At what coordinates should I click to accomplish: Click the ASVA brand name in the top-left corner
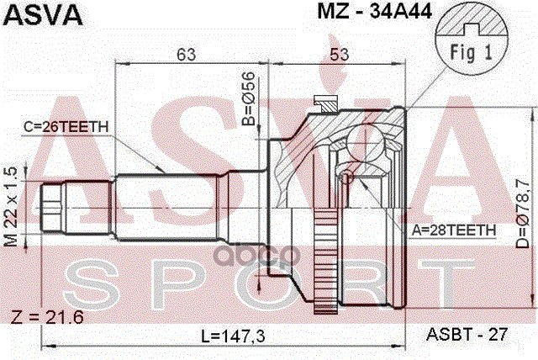[43, 14]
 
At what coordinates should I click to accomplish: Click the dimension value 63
[187, 56]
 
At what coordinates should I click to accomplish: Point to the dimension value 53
[339, 56]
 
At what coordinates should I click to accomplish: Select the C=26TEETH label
[66, 126]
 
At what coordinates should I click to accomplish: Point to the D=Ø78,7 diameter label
[521, 207]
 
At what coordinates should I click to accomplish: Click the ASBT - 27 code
[467, 334]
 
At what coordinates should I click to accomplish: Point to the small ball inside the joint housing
[345, 177]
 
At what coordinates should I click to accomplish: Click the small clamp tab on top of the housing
[323, 103]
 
